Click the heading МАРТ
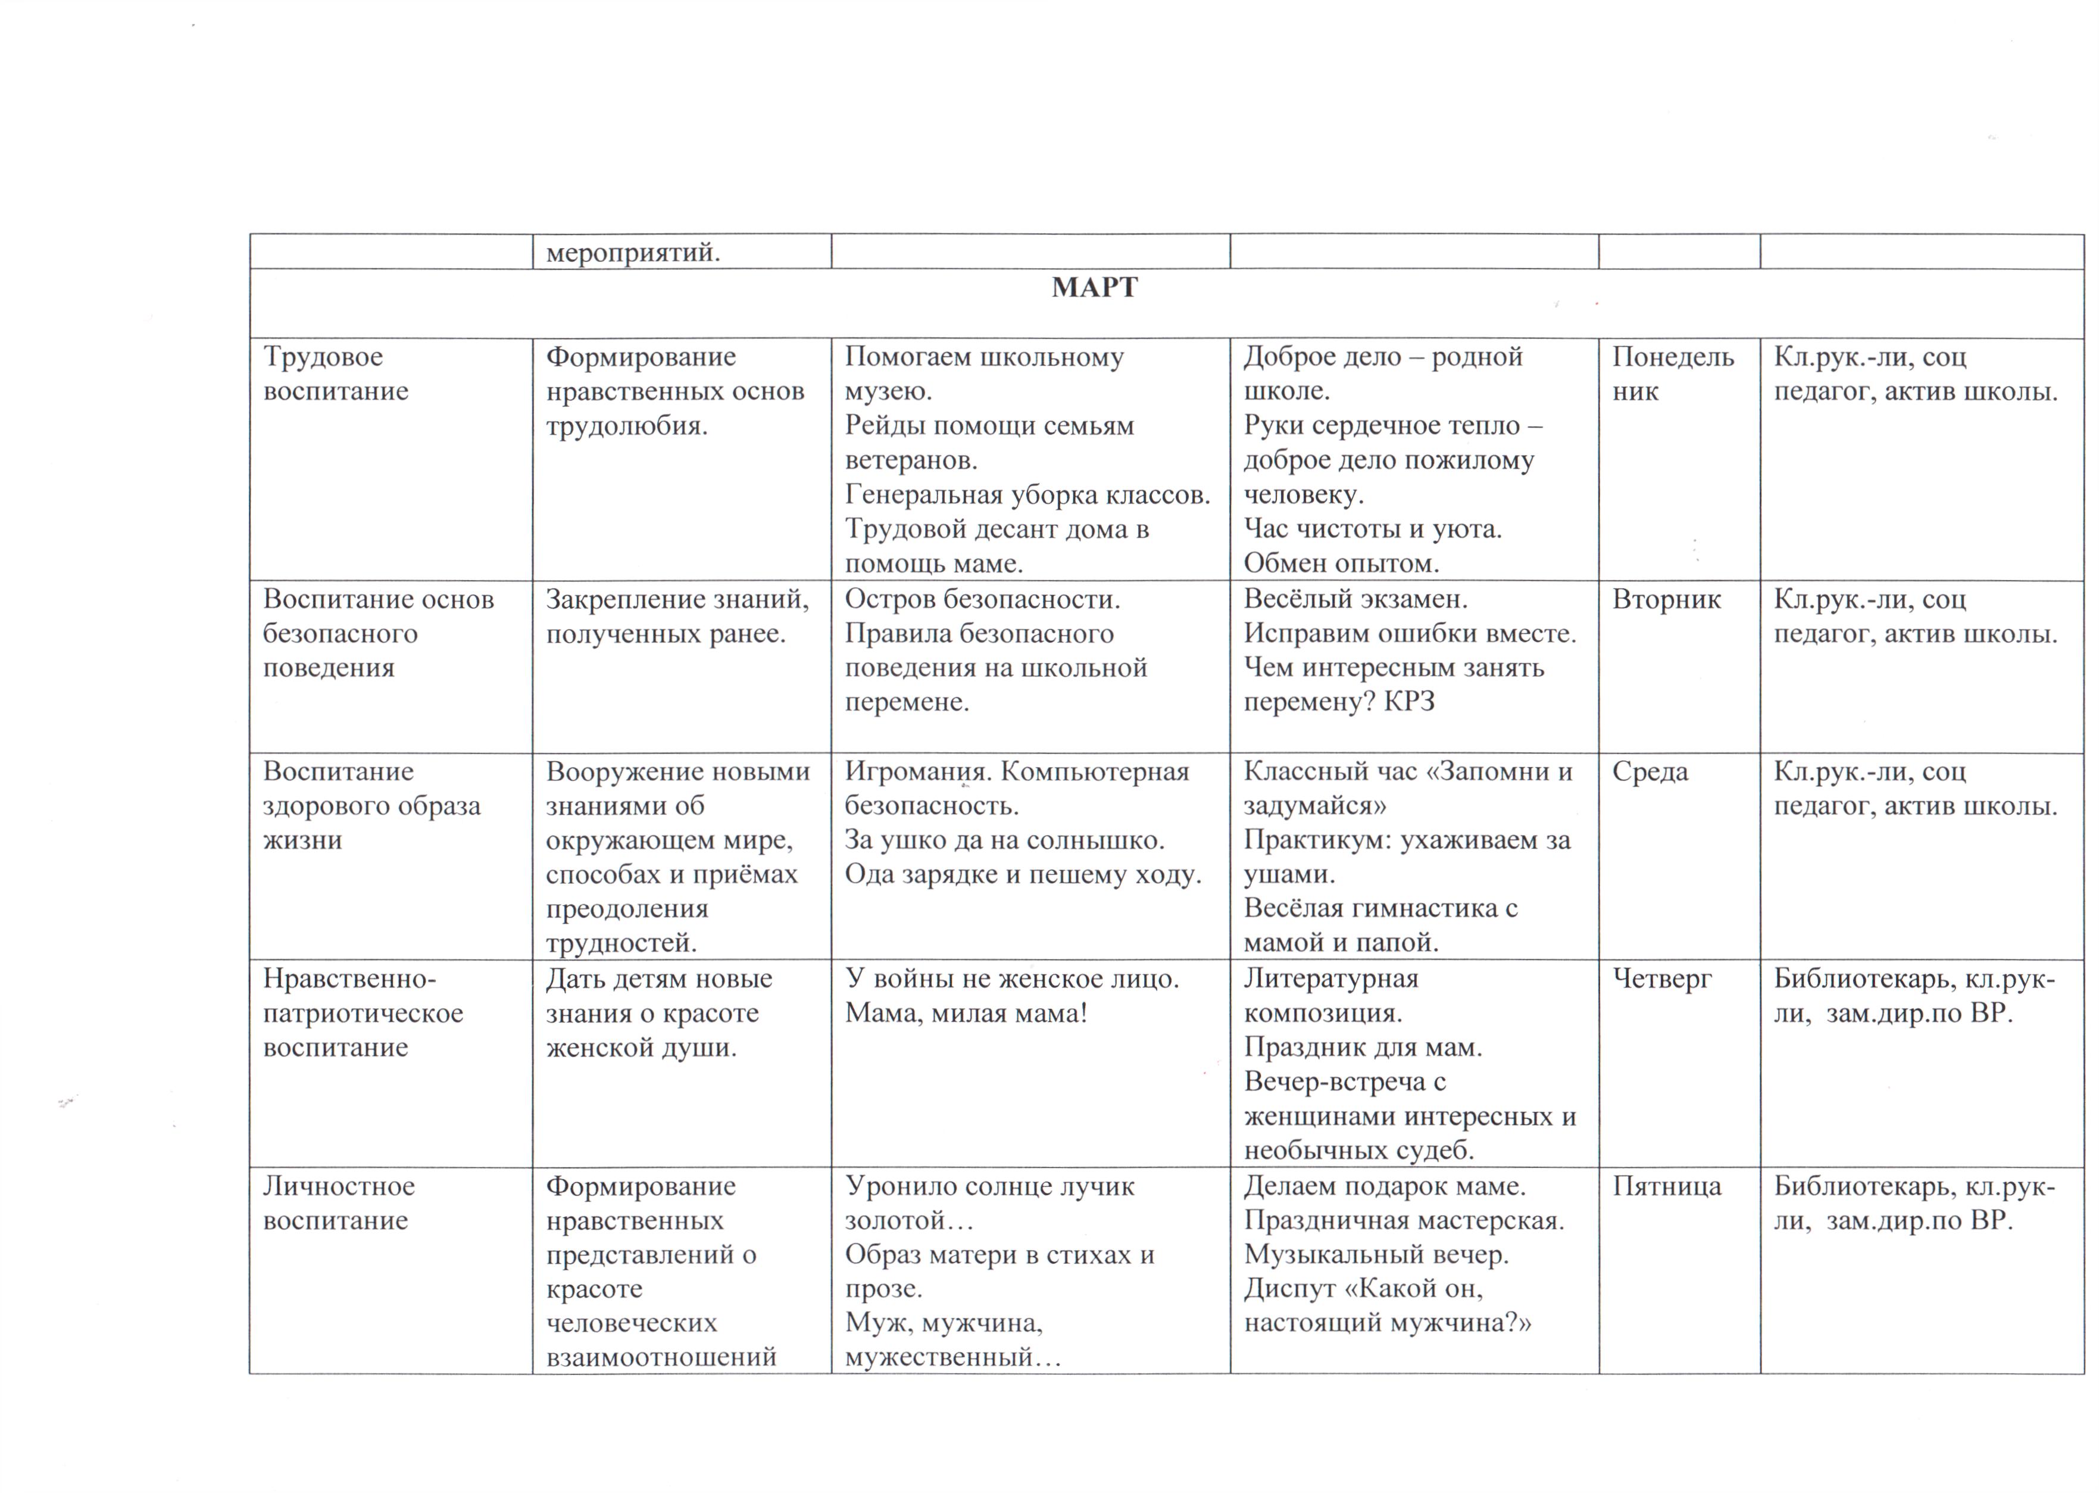coord(1094,288)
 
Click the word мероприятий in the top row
coord(633,252)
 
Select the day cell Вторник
coord(1666,600)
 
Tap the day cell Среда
coord(1650,771)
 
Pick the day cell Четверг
coord(1661,979)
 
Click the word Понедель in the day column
coord(1673,357)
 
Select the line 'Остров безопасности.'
coord(982,600)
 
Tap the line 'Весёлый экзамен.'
coord(1355,600)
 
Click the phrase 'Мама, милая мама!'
coord(966,1013)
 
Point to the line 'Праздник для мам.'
coord(1363,1047)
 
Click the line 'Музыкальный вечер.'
coord(1376,1255)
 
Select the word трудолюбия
coord(627,426)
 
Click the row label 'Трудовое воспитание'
coord(335,373)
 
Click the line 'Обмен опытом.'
coord(1341,563)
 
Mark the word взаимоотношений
coord(661,1357)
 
